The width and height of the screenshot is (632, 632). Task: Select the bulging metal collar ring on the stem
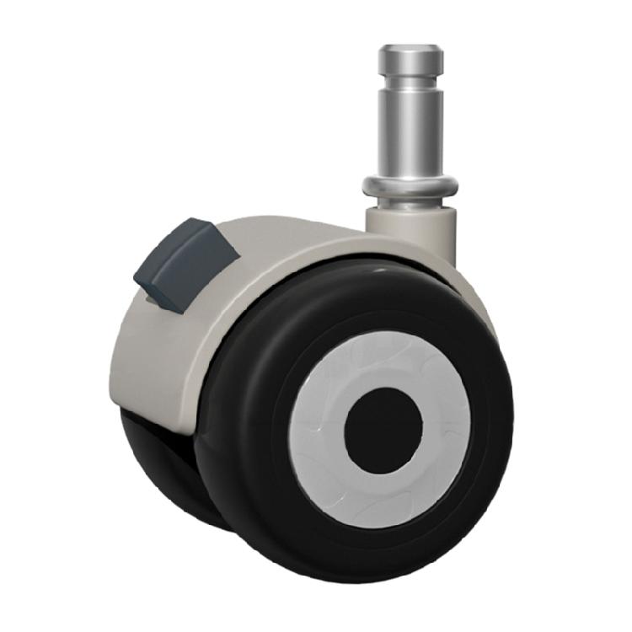410,185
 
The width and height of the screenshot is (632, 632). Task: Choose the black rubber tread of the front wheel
253,438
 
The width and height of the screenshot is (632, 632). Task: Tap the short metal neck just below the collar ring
410,202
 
